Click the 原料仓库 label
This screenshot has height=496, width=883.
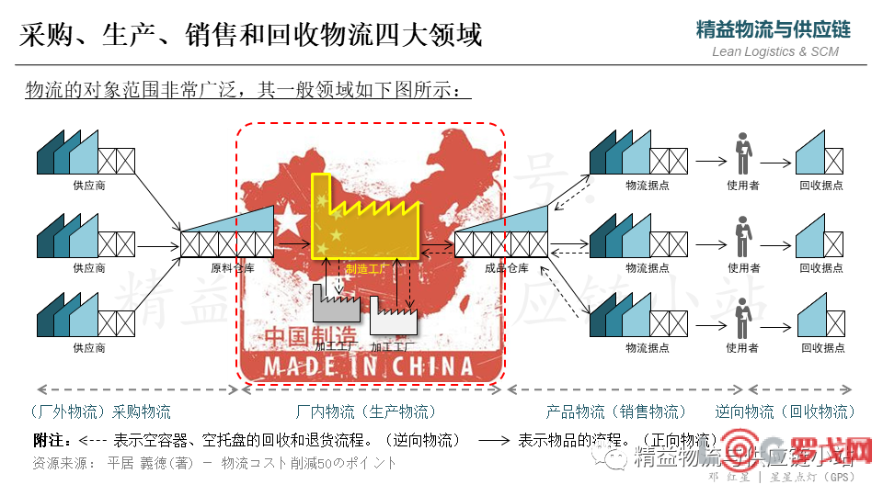click(x=232, y=268)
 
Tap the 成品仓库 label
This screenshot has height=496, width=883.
click(x=506, y=268)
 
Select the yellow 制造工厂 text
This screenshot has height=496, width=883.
click(x=365, y=269)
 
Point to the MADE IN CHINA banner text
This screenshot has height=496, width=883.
click(x=370, y=366)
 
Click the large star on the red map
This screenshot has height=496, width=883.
click(x=290, y=220)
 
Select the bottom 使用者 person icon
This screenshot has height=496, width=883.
click(x=741, y=317)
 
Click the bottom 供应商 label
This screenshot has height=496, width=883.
click(x=89, y=348)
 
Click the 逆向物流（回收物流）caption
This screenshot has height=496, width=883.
click(x=786, y=411)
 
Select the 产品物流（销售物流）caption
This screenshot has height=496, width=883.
click(x=616, y=411)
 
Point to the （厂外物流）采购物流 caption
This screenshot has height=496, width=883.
click(x=99, y=411)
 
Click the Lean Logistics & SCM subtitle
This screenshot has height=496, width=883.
click(x=775, y=51)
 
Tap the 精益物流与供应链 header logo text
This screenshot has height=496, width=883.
click(x=774, y=28)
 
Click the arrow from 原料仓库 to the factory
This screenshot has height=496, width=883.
click(x=292, y=244)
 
